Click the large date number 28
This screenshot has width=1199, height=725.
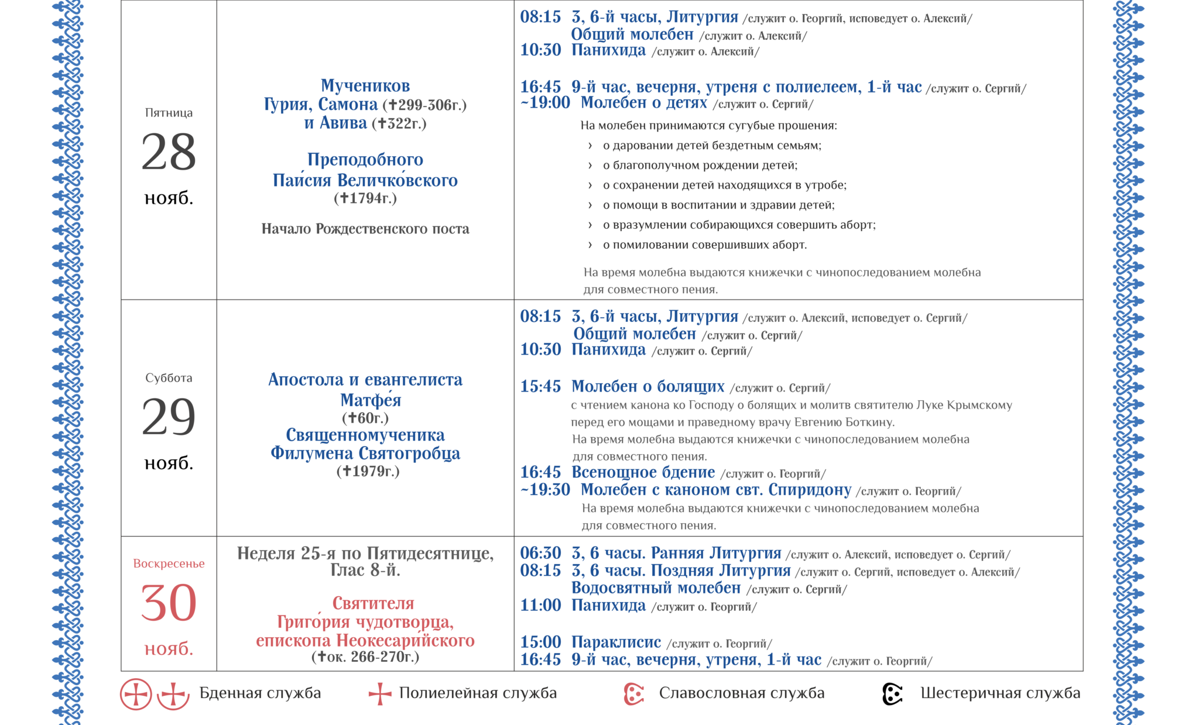point(169,152)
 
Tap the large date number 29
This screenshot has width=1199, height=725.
point(169,417)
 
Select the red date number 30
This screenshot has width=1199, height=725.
point(169,603)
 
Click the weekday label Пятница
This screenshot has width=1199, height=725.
point(169,113)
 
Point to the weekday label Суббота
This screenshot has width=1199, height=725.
point(169,378)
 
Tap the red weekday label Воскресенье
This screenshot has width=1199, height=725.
point(169,563)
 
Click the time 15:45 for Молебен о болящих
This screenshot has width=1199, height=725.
point(540,387)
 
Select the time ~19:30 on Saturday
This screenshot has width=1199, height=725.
point(545,490)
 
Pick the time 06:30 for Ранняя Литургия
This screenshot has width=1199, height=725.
point(540,553)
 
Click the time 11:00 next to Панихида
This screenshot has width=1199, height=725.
point(540,605)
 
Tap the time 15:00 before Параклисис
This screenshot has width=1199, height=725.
point(540,642)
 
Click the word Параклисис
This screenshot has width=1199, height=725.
point(616,642)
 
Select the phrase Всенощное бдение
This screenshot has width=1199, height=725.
point(643,472)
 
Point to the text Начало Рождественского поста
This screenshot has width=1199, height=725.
point(365,229)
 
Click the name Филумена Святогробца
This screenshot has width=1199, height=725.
point(365,453)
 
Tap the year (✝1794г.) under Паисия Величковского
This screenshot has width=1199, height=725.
point(365,198)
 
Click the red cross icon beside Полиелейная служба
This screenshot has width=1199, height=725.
point(379,694)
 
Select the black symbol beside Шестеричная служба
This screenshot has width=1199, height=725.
point(892,694)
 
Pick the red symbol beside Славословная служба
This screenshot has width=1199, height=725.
point(633,694)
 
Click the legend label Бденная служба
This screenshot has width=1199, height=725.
point(260,693)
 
